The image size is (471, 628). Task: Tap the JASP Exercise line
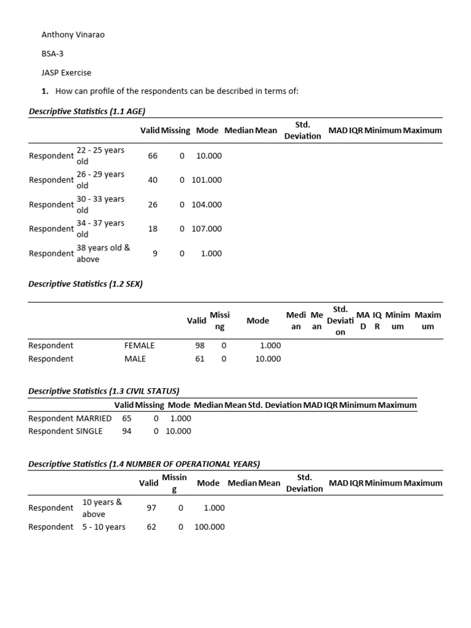66,72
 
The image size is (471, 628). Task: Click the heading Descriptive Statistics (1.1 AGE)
86,111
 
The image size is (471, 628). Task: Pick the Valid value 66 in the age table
153,156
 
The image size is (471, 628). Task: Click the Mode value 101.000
207,180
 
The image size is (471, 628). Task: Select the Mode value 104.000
207,204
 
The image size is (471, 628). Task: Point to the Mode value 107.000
207,229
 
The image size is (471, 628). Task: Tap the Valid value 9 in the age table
155,253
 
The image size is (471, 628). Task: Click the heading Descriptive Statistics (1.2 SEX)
85,284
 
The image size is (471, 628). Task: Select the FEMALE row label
139,345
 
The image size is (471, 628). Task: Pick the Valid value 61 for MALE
200,359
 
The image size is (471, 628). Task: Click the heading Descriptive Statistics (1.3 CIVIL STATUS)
104,391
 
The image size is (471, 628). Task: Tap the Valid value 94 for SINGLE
127,431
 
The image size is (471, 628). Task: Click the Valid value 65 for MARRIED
127,418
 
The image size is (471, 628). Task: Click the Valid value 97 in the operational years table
151,508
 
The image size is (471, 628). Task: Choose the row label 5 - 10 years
104,527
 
